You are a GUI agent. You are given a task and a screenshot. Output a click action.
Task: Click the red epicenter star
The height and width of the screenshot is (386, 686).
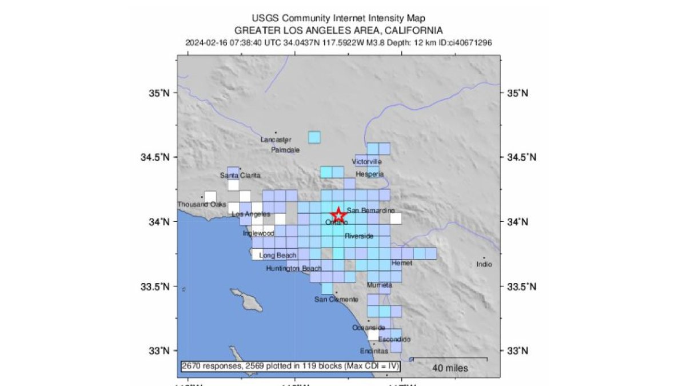point(338,215)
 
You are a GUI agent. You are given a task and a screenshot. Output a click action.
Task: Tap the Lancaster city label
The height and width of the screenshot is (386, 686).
point(276,140)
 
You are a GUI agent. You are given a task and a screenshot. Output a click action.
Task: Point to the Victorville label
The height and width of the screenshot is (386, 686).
point(366,162)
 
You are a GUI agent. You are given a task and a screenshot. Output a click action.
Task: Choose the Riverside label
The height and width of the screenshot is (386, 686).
point(359,236)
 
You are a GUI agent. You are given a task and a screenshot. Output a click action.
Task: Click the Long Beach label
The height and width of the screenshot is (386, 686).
point(278,255)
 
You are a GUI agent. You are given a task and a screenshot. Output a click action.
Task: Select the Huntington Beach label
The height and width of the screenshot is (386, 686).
point(293,268)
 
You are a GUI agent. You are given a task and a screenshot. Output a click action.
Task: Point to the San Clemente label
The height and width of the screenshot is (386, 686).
point(337,300)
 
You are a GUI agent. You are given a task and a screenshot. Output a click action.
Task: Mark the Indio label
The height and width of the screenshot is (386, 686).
point(484,264)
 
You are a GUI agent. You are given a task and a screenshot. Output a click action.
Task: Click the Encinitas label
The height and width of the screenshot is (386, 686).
point(374,351)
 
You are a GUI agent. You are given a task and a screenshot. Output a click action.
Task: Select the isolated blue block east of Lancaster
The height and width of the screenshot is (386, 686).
point(314,137)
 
